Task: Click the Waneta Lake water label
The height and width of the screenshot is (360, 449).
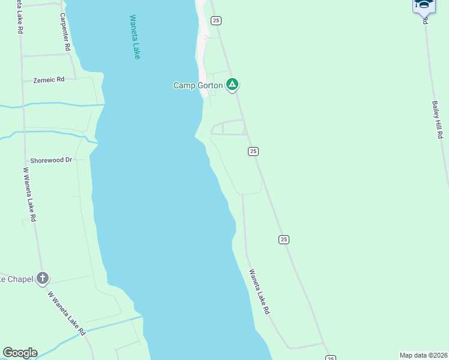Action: [x=135, y=37]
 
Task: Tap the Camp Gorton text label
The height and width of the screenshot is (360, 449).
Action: [x=197, y=85]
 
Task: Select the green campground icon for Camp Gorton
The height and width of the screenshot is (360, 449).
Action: [x=232, y=85]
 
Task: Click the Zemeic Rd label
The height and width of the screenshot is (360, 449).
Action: [x=49, y=79]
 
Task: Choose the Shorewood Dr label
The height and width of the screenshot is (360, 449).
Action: [x=51, y=160]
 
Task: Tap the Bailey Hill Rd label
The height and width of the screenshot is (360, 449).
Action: [x=436, y=119]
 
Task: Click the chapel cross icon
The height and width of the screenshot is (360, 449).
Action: [x=42, y=278]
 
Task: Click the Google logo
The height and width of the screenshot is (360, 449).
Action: [x=20, y=353]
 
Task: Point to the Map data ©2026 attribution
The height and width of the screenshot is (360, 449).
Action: [x=423, y=355]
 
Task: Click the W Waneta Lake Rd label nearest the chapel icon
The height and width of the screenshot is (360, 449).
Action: [x=67, y=313]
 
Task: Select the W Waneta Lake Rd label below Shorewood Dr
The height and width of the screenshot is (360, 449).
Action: [x=29, y=194]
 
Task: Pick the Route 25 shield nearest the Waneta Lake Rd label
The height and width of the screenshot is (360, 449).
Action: [x=284, y=239]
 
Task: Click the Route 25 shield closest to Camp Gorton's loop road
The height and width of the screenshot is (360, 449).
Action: [x=253, y=152]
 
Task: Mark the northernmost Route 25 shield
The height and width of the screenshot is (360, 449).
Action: [x=216, y=20]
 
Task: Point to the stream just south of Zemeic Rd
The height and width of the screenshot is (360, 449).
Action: [x=54, y=105]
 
